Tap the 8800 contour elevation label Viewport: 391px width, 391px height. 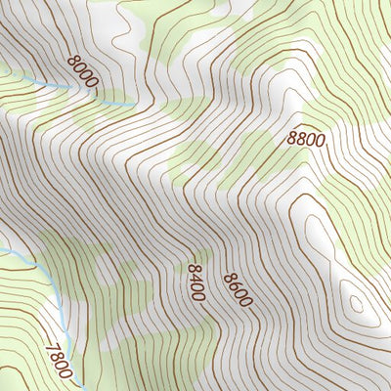pyautogui.click(x=306, y=139)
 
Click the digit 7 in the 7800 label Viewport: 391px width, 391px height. pyautogui.click(x=52, y=344)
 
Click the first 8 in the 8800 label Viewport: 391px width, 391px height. pyautogui.click(x=292, y=139)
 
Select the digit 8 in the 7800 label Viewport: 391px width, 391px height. pyautogui.click(x=57, y=355)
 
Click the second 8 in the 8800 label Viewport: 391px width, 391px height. pyautogui.click(x=301, y=139)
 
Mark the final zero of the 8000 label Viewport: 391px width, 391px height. pyautogui.click(x=93, y=84)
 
